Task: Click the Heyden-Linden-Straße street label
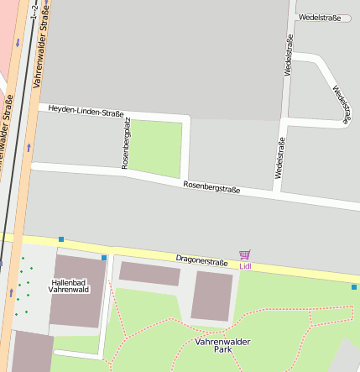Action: point(86,110)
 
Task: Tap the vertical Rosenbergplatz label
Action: point(127,144)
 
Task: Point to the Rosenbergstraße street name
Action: point(211,188)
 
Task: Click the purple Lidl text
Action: point(245,266)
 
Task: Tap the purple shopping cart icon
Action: point(244,254)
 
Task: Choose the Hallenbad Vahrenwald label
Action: point(69,286)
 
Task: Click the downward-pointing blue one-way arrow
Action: point(16,42)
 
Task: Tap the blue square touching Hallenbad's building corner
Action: point(104,257)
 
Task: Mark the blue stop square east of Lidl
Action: point(353,287)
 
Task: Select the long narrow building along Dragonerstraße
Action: point(149,274)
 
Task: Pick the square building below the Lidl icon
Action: point(211,296)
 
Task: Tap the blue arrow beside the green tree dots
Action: point(11,292)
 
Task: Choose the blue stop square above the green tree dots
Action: point(61,239)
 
